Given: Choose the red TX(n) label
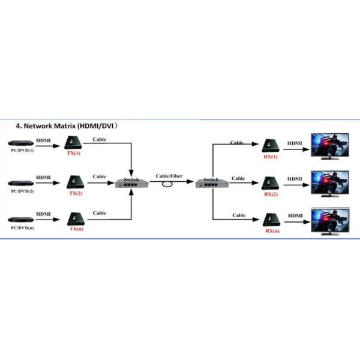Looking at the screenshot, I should pos(76,229).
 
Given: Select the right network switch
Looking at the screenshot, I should pos(211,184).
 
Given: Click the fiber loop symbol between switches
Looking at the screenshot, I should pos(169,186).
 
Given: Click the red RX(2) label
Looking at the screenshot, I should pos(271,195).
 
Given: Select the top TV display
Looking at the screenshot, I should pos(328,146).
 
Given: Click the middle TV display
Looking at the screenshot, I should pos(328,182).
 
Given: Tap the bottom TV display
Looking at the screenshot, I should pos(328,220).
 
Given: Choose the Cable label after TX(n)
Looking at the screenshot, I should pos(100,213).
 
